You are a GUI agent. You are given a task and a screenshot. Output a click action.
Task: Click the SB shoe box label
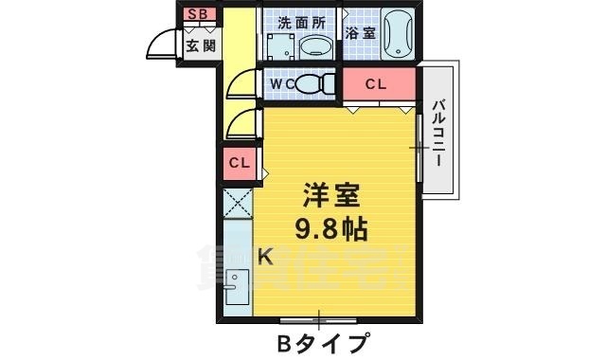pyautogui.click(x=199, y=13)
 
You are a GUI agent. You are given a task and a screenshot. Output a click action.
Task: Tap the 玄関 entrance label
pyautogui.click(x=200, y=45)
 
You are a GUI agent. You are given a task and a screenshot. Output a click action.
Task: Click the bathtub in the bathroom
pyautogui.click(x=399, y=34)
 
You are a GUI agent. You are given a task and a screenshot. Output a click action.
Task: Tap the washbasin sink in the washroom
pyautogui.click(x=312, y=48)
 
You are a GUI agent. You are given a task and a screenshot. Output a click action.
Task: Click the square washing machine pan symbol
pyautogui.click(x=277, y=49)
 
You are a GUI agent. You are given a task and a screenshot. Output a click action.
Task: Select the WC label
pyautogui.click(x=282, y=84)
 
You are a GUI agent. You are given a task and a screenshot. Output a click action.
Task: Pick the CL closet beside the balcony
pyautogui.click(x=378, y=84)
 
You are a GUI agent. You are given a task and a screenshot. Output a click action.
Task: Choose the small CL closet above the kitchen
pyautogui.click(x=240, y=163)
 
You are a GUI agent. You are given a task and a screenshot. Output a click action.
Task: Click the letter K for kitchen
pyautogui.click(x=266, y=255)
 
